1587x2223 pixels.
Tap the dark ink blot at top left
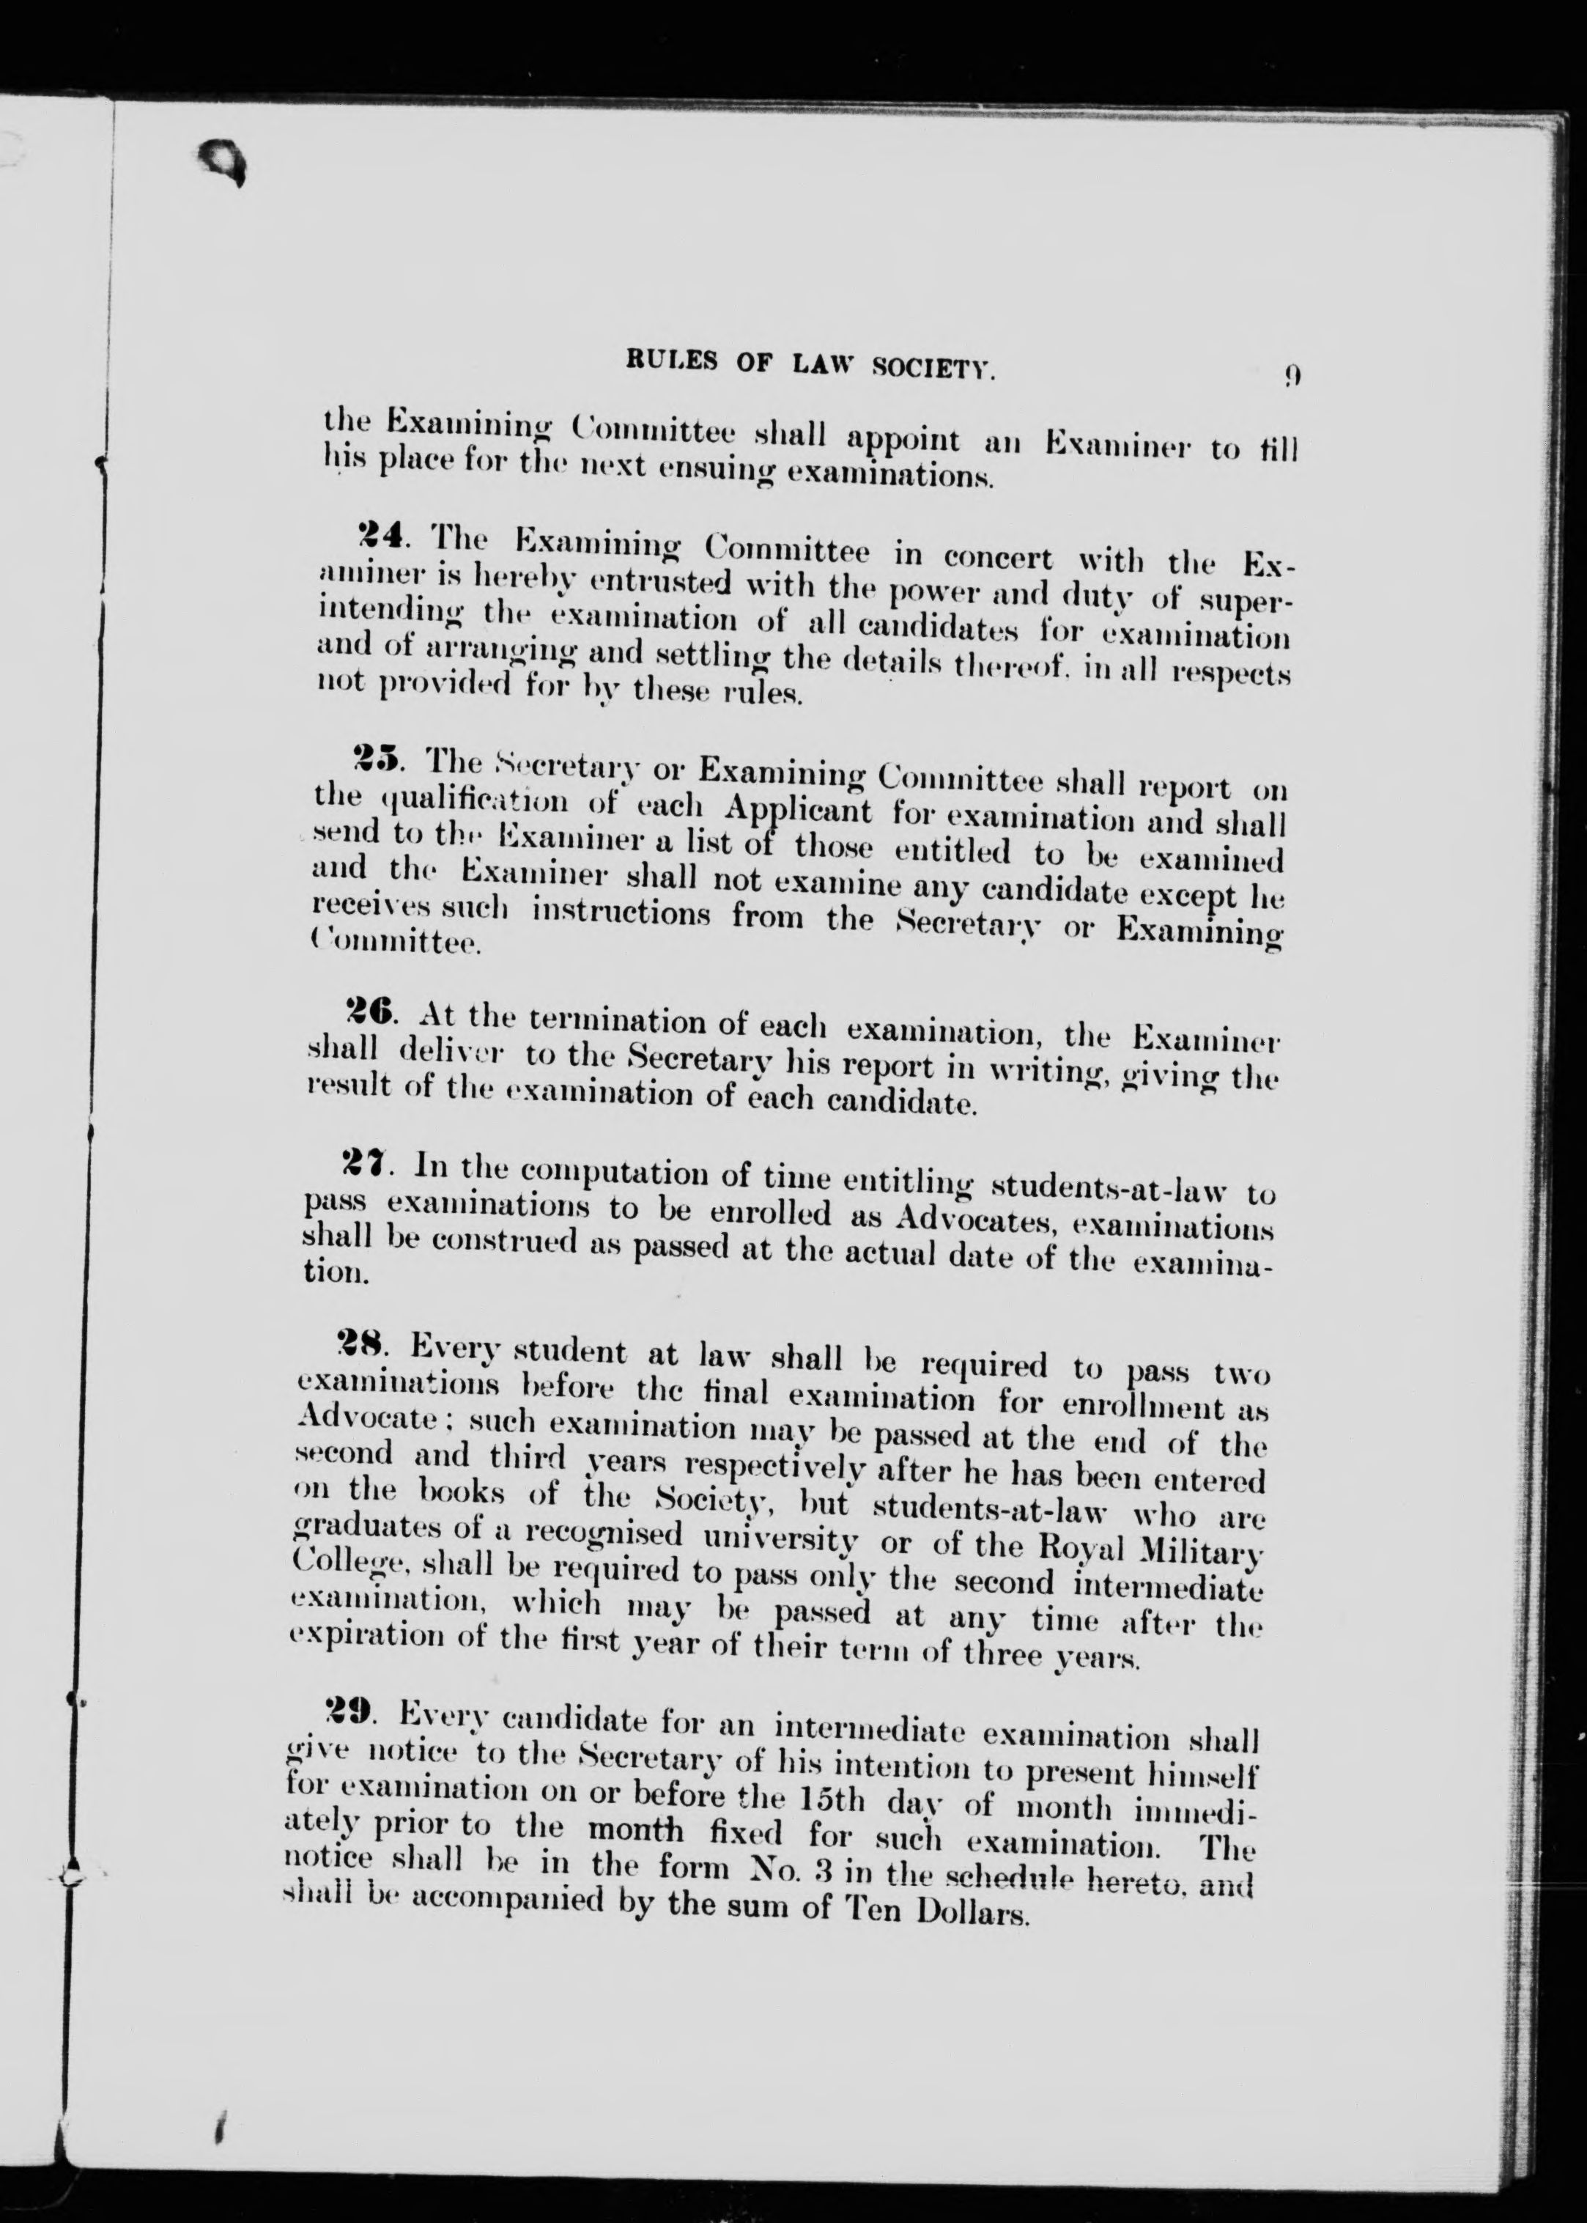click(222, 161)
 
